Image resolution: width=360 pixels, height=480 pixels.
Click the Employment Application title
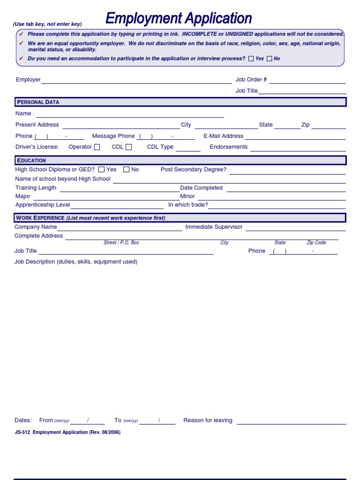179,19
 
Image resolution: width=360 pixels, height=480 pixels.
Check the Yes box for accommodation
251,59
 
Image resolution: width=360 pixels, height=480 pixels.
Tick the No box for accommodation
270,59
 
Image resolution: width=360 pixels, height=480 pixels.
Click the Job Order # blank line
307,81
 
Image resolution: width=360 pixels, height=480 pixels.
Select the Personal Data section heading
38,102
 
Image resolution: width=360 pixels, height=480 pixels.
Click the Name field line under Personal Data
130,114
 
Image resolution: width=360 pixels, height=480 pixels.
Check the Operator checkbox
97,147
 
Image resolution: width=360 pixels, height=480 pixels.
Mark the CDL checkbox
129,147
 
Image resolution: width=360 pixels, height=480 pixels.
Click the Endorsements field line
298,148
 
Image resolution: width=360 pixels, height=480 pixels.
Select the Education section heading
32,160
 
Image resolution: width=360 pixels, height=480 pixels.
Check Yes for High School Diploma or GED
102,170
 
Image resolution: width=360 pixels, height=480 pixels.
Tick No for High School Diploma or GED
127,170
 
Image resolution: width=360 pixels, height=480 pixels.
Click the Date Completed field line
286,189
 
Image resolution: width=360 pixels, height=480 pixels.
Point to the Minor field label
187,196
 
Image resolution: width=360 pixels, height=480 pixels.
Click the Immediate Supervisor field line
295,228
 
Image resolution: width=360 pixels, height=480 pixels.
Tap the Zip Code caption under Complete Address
316,243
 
